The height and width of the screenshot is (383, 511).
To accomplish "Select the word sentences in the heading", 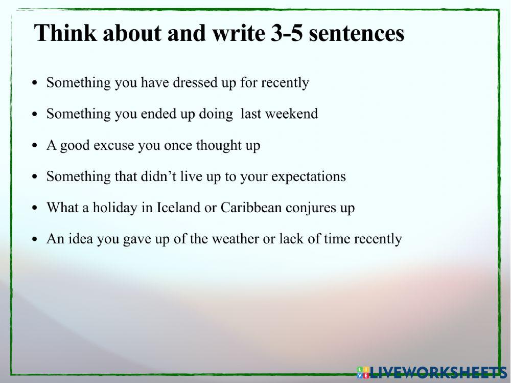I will tap(357, 34).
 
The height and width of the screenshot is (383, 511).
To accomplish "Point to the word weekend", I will tap(293, 114).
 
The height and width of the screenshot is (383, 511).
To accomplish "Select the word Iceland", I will tap(178, 208).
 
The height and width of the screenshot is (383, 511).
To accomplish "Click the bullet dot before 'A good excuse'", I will tap(34, 146).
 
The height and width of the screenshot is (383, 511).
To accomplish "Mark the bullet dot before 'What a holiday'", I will tap(34, 209).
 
